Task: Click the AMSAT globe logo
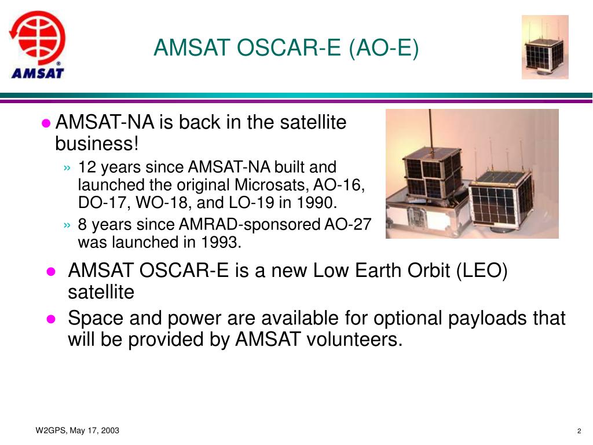[x=37, y=45]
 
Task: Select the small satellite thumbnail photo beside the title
[x=545, y=47]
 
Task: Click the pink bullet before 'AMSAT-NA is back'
[x=46, y=123]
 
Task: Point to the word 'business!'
[x=97, y=144]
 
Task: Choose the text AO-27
[x=348, y=224]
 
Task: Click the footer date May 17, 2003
[x=94, y=431]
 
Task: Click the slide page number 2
[x=579, y=431]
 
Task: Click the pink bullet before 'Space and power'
[x=51, y=319]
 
